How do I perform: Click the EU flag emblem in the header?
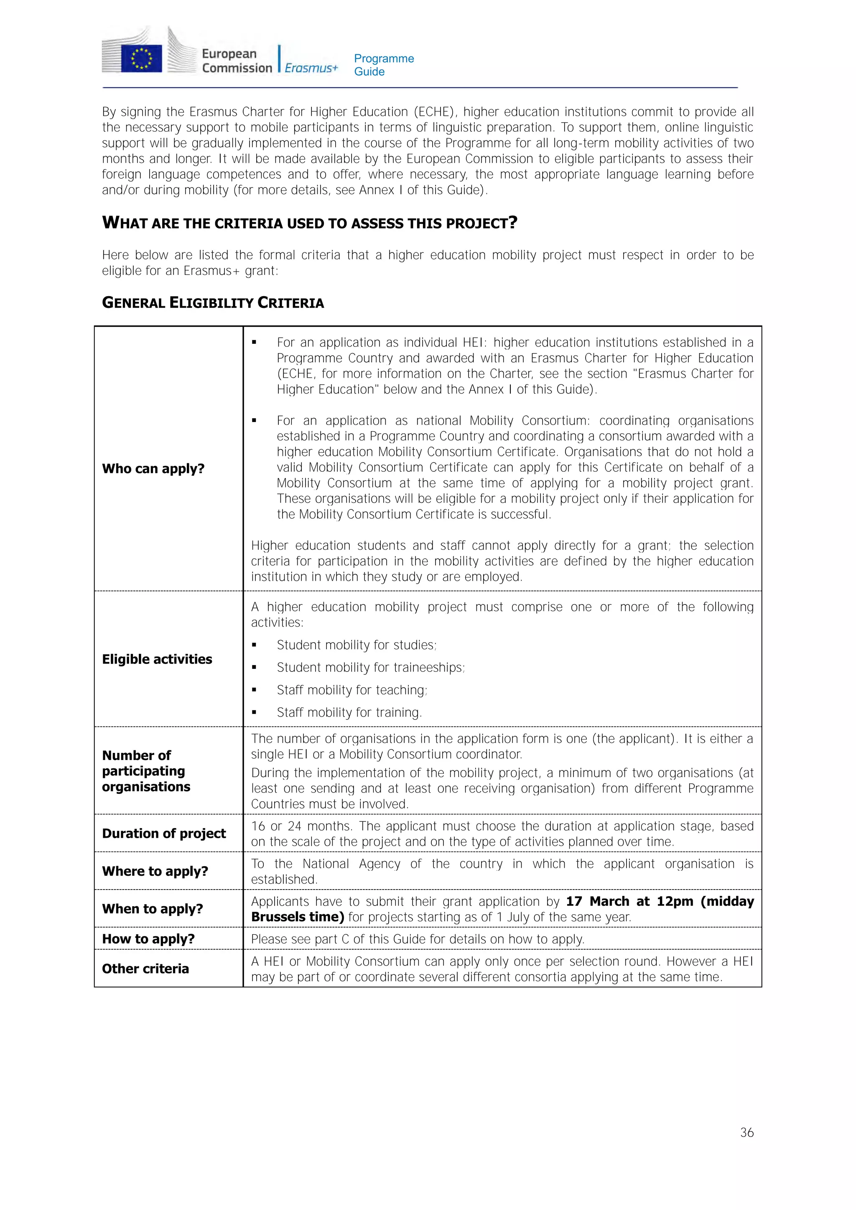pos(141,58)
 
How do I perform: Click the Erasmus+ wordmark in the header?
pos(311,68)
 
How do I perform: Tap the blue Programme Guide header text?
pos(384,65)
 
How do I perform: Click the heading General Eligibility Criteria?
pos(213,303)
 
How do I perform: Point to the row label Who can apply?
pos(153,468)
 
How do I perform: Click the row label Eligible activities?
pos(157,659)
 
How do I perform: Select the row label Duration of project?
pos(164,833)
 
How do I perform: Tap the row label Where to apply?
pos(155,871)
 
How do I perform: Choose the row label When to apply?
pos(152,909)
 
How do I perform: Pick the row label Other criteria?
pos(145,969)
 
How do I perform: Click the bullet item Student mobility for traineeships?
pos(371,668)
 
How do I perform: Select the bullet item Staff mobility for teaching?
pos(352,690)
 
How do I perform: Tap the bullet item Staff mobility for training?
pos(349,712)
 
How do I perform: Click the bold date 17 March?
pos(597,901)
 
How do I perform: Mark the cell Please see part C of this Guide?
pos(418,939)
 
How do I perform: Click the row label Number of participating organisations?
pos(146,771)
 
